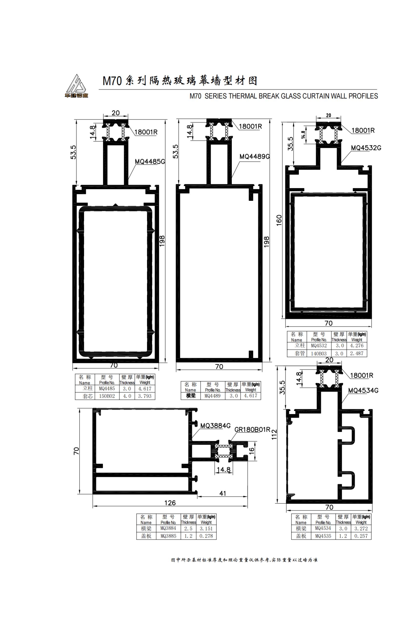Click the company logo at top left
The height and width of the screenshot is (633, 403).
coord(77,86)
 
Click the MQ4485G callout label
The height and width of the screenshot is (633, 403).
coord(150,161)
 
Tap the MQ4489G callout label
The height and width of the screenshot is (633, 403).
coord(255,157)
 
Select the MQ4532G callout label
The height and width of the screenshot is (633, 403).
coord(366,148)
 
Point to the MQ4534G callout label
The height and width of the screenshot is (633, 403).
coord(363,391)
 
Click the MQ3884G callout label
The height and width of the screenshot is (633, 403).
coord(215,426)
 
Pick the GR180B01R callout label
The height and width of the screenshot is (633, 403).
coord(252,429)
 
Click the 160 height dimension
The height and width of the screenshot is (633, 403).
coord(279,221)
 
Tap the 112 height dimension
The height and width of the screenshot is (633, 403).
coord(274,434)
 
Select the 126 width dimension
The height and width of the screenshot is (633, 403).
coord(170,503)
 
